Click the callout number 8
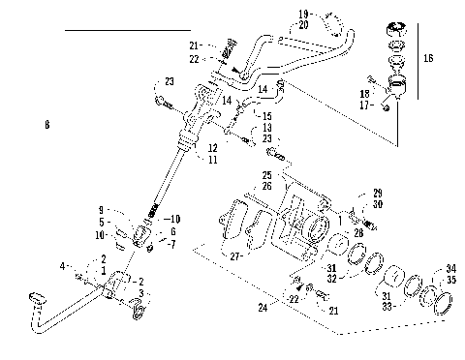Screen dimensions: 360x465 click(46, 125)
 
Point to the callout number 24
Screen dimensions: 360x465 click(263, 310)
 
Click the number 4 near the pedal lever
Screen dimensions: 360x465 click(63, 265)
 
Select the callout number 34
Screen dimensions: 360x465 click(451, 269)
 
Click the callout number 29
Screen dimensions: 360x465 click(377, 194)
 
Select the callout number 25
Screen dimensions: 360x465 click(266, 174)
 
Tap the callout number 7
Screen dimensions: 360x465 click(171, 243)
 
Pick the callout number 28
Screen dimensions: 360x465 click(357, 233)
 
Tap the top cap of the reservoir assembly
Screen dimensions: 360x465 click(395, 26)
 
